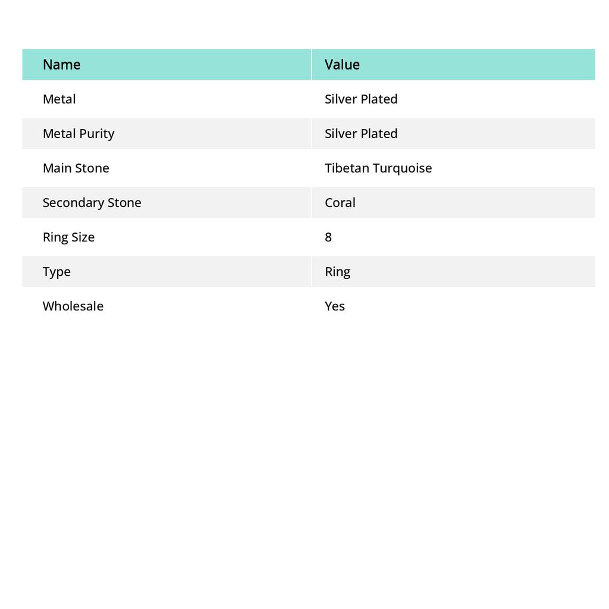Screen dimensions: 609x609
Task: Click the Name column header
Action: [61, 64]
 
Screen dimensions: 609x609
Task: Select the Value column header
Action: [342, 64]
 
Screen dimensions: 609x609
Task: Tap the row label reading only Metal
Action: [59, 99]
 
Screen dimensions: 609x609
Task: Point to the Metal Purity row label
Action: [79, 133]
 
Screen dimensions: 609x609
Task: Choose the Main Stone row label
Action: [76, 168]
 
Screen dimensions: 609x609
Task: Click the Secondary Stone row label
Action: [92, 202]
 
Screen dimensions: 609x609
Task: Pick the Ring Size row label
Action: [68, 237]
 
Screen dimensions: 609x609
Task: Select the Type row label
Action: [56, 271]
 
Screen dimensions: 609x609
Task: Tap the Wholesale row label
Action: [73, 306]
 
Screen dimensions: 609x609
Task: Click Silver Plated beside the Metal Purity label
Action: [361, 133]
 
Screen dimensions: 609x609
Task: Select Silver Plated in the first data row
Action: [361, 99]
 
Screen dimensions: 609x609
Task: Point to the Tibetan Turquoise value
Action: [378, 168]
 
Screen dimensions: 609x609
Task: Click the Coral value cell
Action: [340, 202]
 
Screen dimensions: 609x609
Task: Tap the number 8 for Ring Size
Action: [328, 237]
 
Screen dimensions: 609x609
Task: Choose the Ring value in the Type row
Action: [337, 271]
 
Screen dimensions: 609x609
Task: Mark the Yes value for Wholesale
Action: [335, 306]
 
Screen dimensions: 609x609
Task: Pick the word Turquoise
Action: [403, 168]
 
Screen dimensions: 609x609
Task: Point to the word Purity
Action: [97, 133]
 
